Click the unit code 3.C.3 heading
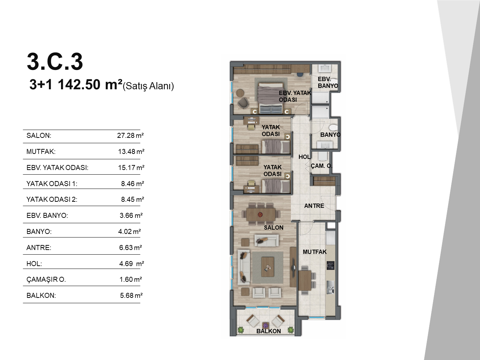click(55, 62)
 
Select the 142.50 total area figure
click(79, 85)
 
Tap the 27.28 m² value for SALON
click(130, 135)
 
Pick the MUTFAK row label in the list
click(41, 151)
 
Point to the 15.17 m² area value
click(131, 167)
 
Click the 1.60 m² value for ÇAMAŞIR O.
click(131, 279)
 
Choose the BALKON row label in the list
click(41, 295)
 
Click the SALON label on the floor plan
click(274, 227)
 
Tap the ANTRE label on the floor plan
click(314, 206)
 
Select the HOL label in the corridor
click(304, 157)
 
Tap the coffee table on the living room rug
click(267, 267)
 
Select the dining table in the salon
click(261, 214)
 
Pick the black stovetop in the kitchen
click(331, 265)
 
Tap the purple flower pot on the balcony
click(265, 325)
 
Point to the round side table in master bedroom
click(240, 92)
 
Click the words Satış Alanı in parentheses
click(148, 86)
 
